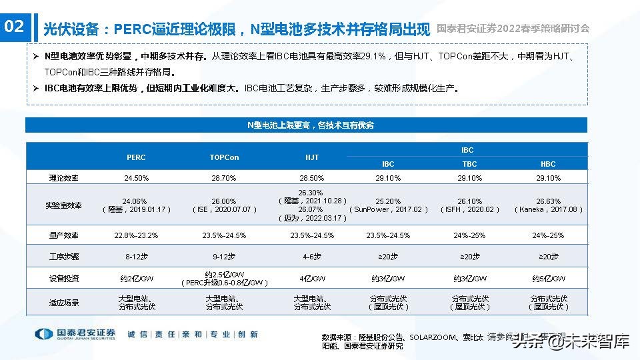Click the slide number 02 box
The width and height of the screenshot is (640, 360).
pyautogui.click(x=15, y=27)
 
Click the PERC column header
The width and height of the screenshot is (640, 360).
pyautogui.click(x=136, y=157)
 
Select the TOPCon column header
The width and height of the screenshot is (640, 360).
pyautogui.click(x=224, y=157)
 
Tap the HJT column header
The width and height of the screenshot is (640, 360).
pyautogui.click(x=312, y=157)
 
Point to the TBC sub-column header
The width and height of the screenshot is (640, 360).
pyautogui.click(x=469, y=164)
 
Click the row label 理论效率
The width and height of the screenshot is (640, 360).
pyautogui.click(x=64, y=178)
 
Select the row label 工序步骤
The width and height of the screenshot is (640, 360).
pyautogui.click(x=64, y=257)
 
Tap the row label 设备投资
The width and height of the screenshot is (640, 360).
pyautogui.click(x=64, y=279)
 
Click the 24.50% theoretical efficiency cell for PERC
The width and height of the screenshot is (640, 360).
pyautogui.click(x=136, y=178)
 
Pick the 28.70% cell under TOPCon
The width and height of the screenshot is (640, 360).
pyautogui.click(x=224, y=178)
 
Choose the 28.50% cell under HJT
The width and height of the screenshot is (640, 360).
pyautogui.click(x=312, y=178)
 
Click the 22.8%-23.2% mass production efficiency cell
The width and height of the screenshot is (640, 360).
pyautogui.click(x=136, y=235)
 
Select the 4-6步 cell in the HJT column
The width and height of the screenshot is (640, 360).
pyautogui.click(x=312, y=257)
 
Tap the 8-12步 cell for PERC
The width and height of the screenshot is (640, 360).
pyautogui.click(x=136, y=257)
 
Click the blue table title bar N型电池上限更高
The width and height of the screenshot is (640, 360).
pyautogui.click(x=307, y=125)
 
